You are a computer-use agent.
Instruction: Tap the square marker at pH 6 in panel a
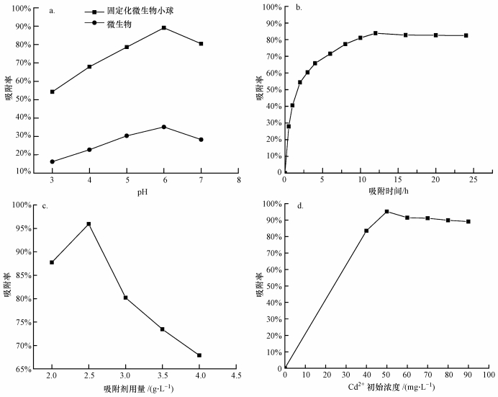164,27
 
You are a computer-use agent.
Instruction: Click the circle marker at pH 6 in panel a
164,127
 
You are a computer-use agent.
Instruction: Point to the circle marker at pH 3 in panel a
53,161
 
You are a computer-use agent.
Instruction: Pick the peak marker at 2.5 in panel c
89,224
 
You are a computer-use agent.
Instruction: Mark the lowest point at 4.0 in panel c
199,355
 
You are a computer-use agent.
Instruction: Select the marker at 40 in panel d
366,231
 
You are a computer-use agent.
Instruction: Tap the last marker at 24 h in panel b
466,35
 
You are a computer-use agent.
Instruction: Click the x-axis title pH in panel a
127,192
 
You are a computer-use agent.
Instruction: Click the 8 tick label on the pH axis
238,181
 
